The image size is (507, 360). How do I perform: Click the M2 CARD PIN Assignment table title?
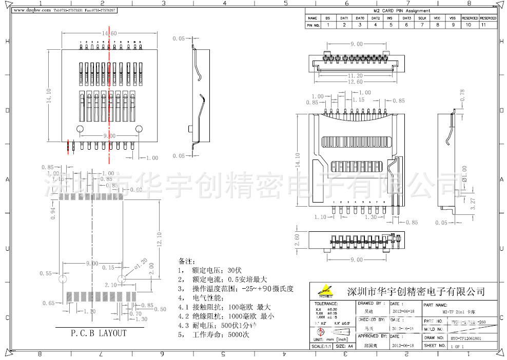point(401,11)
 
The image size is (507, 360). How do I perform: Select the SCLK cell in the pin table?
point(422,18)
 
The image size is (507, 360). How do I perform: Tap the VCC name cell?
point(437,18)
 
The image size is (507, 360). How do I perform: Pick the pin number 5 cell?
point(391,25)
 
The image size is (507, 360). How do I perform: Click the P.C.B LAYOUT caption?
point(99,333)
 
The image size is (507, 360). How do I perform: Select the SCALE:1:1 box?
point(321,346)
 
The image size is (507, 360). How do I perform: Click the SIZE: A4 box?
point(345,346)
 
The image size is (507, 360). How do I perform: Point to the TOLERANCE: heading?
point(325,304)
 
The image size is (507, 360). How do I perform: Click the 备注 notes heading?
point(187,262)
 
